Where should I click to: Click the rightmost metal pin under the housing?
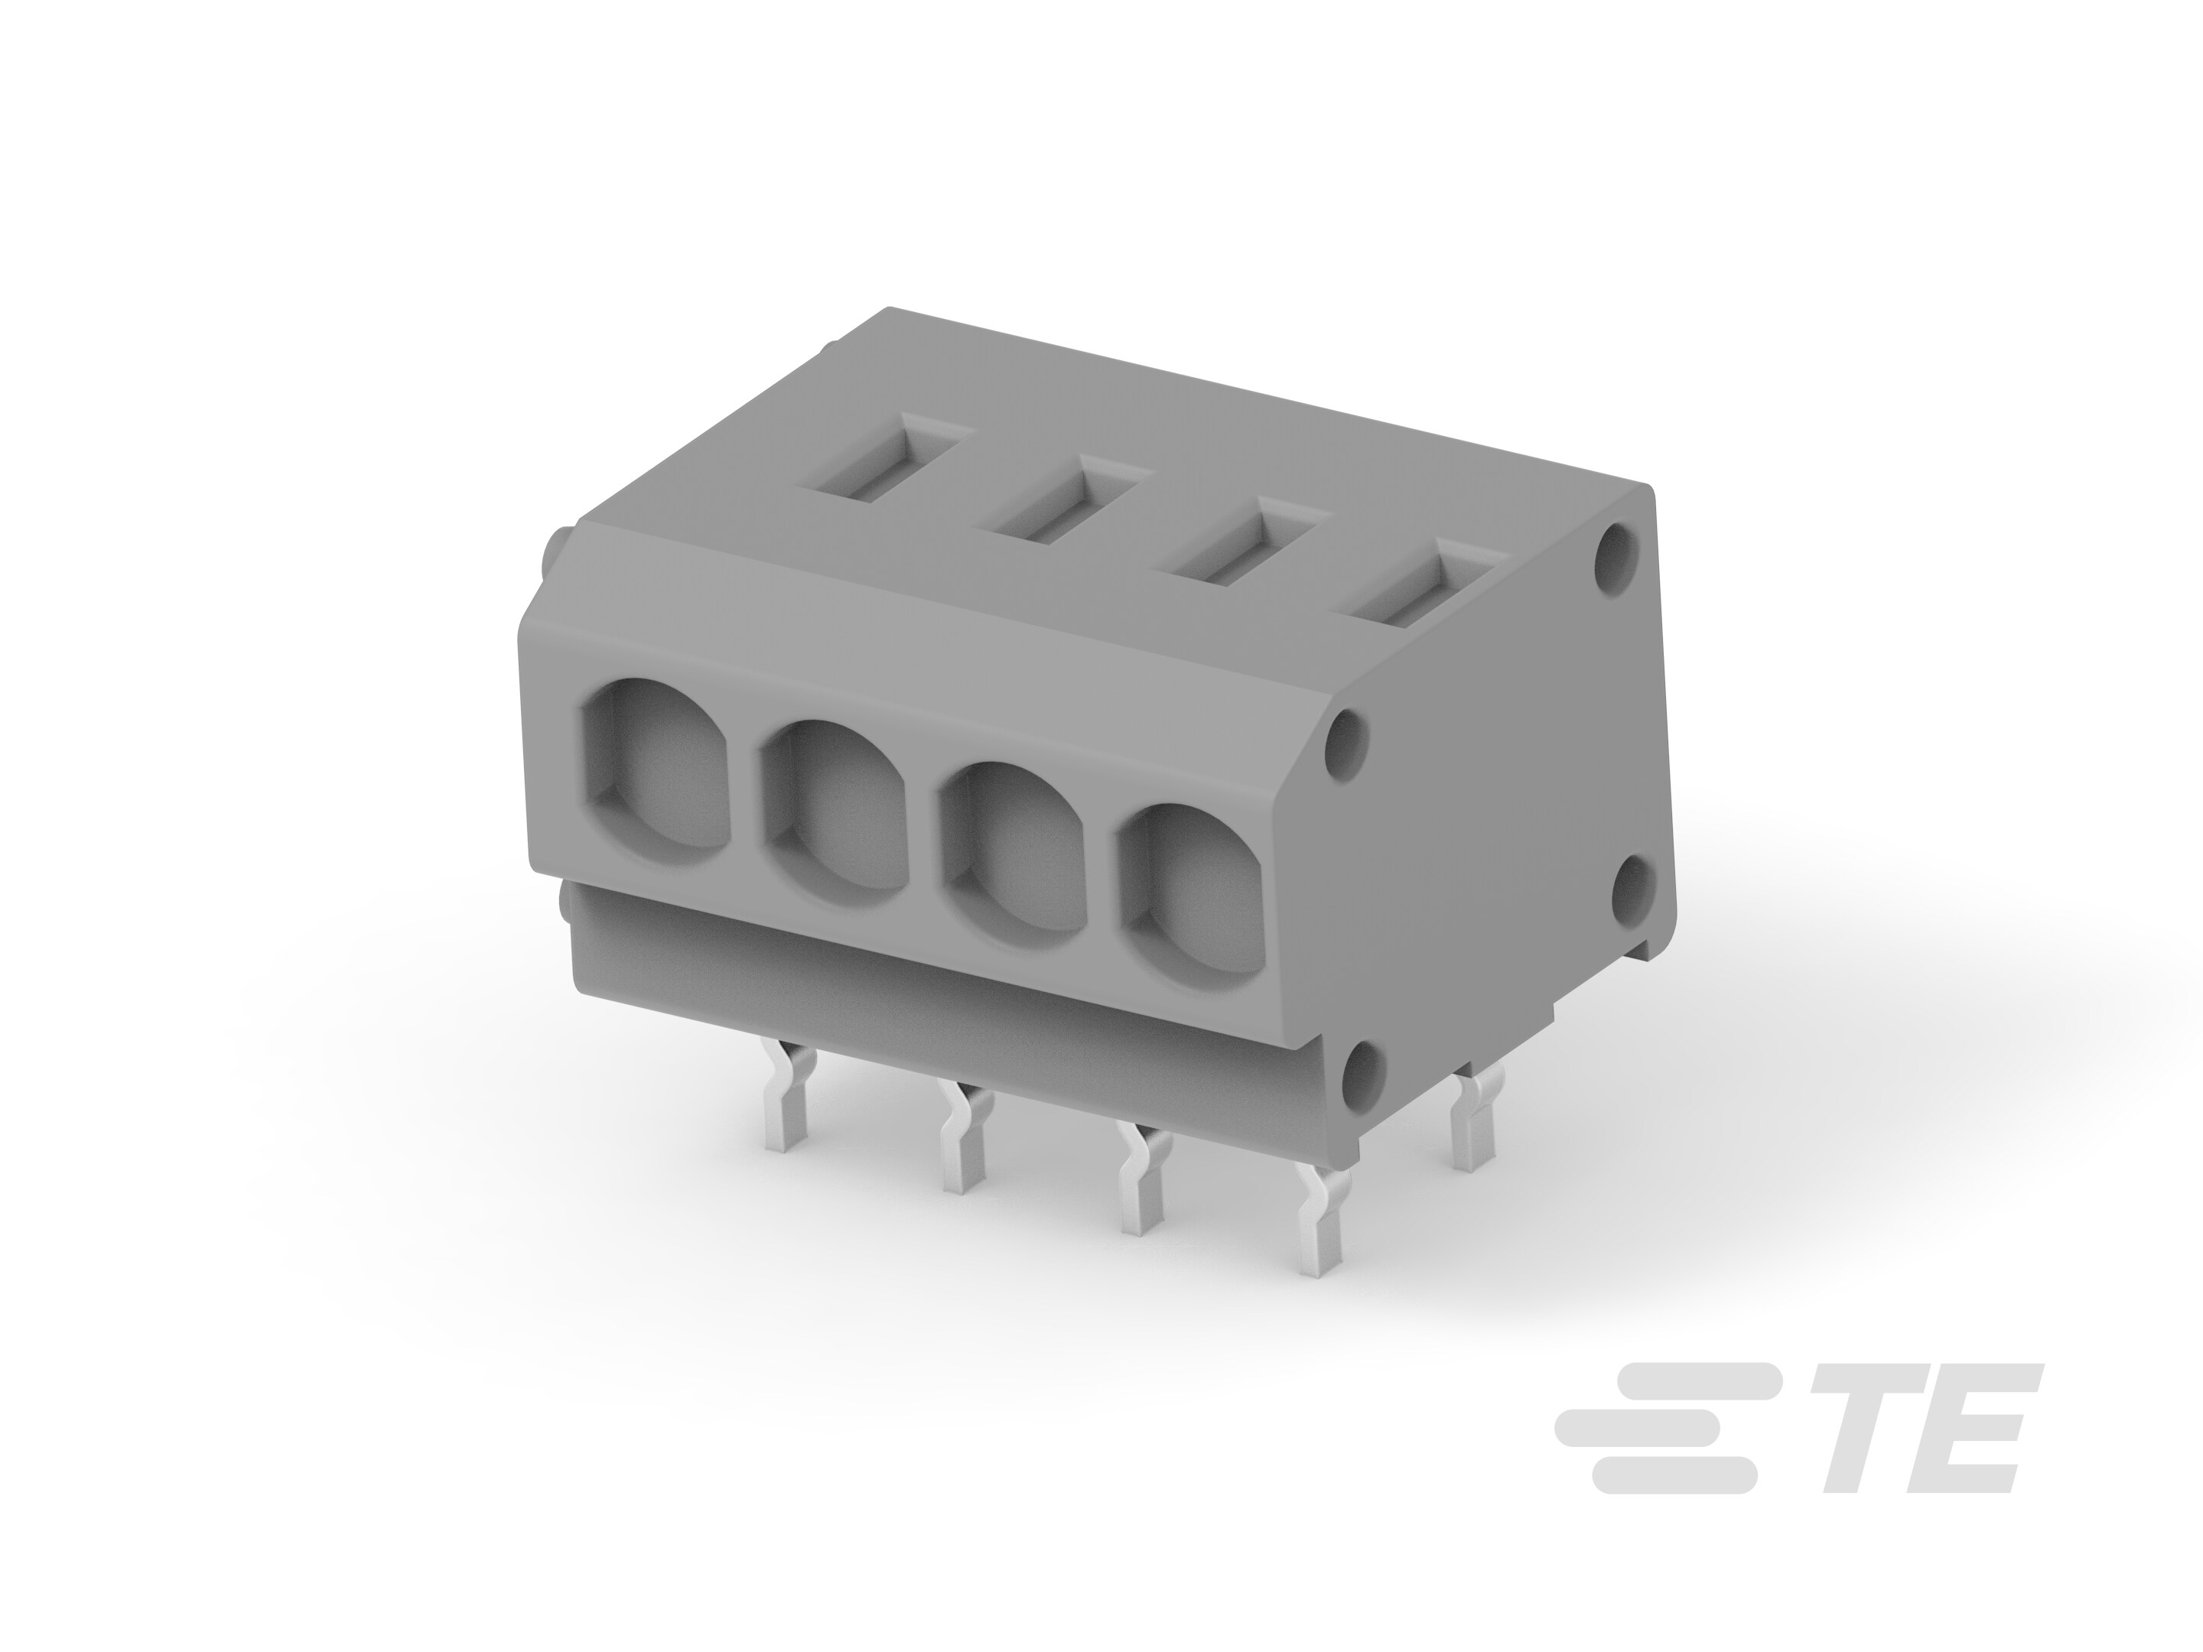pyautogui.click(x=1472, y=1125)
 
